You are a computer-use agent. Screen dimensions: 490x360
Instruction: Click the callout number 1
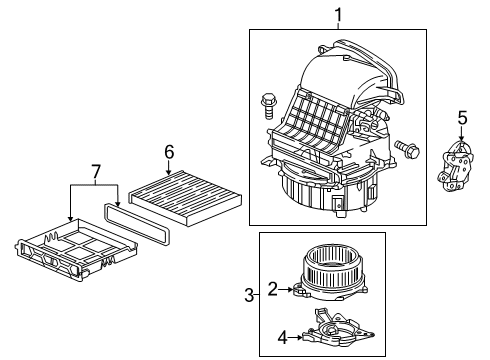(x=338, y=15)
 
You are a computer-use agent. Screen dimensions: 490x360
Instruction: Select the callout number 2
(x=273, y=289)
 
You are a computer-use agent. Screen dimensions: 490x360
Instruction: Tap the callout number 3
(x=249, y=295)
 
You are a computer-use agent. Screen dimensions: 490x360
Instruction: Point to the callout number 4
(x=282, y=338)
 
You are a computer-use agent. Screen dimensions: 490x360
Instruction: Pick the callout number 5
(x=462, y=118)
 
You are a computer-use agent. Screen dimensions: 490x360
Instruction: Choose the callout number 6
(x=169, y=152)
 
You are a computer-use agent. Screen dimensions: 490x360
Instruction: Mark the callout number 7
(x=96, y=172)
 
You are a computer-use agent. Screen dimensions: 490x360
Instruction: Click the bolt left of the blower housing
(x=268, y=107)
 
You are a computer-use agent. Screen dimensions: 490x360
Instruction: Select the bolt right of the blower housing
(x=407, y=149)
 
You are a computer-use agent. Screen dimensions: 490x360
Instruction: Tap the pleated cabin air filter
(x=185, y=197)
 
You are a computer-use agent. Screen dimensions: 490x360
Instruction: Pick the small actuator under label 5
(x=455, y=167)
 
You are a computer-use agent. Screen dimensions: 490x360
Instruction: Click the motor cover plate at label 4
(x=338, y=329)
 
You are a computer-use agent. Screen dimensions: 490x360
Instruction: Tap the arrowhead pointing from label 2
(x=290, y=289)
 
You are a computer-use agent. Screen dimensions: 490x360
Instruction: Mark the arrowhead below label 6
(x=169, y=172)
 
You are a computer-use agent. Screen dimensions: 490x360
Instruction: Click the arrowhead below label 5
(x=462, y=139)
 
